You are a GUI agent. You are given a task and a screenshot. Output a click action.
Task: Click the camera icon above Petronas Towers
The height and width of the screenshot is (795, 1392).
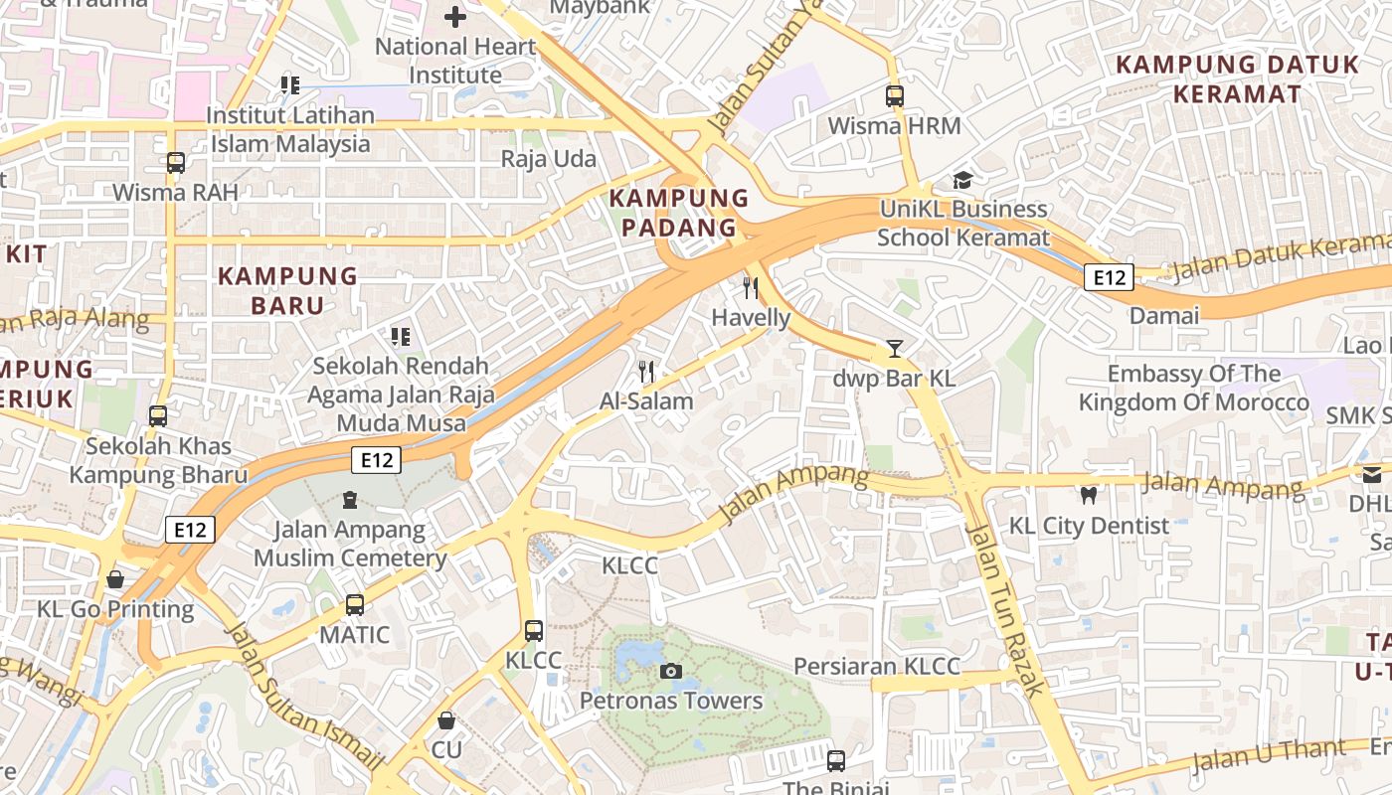point(671,672)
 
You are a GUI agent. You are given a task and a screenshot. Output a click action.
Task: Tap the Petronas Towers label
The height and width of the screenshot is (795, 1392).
point(671,701)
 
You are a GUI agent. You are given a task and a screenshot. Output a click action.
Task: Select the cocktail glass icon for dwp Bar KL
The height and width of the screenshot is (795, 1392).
point(894,349)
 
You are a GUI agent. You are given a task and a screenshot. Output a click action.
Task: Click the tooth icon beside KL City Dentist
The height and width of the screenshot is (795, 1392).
point(1089,495)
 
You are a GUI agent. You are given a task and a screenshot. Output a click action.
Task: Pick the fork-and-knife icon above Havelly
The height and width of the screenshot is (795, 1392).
point(751,288)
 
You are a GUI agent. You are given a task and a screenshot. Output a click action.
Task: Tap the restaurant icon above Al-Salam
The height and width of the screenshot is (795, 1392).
point(646,372)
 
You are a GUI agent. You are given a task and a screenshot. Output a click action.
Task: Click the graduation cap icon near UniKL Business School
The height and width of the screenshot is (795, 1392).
point(962,180)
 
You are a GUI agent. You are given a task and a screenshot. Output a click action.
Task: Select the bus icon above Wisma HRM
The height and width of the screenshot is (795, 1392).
point(895,96)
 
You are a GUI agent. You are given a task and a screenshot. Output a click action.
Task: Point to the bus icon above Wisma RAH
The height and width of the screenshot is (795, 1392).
point(176,162)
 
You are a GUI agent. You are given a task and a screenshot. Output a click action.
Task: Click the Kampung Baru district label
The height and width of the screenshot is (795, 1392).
point(287,290)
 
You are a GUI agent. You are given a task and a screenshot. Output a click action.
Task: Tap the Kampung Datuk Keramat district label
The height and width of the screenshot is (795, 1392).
point(1237,79)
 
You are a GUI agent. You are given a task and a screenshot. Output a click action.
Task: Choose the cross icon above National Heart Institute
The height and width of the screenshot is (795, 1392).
point(455,17)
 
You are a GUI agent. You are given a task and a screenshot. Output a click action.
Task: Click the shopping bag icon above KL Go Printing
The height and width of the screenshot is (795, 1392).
point(115,579)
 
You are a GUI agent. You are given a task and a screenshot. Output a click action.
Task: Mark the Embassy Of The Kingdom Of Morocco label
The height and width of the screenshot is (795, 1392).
point(1194,389)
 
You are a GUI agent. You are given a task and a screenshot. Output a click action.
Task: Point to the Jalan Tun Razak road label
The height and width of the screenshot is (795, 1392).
point(1005,608)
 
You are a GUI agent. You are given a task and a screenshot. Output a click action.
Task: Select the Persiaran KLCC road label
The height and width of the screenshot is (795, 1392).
point(877,666)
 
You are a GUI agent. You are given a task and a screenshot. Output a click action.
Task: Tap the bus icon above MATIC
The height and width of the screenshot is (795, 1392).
point(355,604)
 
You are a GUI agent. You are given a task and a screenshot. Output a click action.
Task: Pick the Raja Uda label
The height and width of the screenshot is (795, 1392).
point(549,159)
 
